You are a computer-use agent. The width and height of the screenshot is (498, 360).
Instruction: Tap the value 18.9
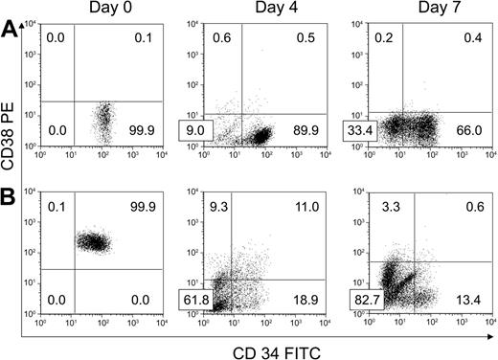[x=305, y=299]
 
